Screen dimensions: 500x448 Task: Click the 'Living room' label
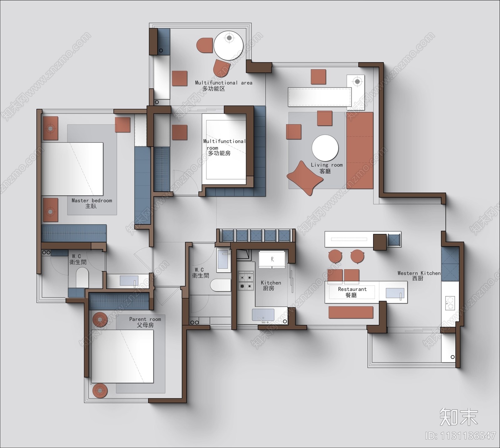tap(327, 165)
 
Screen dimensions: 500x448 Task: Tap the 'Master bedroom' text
tap(92, 201)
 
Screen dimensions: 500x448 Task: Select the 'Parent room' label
tap(145, 319)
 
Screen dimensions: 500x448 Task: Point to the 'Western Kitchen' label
tap(419, 273)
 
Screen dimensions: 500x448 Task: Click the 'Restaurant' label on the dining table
tap(352, 289)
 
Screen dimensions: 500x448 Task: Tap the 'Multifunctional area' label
tap(223, 83)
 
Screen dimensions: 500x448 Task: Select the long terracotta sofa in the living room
tap(360, 150)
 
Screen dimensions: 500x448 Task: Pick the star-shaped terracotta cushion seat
tap(305, 178)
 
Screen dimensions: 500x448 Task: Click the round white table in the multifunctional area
tap(228, 46)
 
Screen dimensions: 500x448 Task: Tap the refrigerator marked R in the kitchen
tap(272, 259)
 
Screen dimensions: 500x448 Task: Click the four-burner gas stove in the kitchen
tap(246, 281)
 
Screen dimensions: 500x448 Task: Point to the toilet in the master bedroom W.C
tap(82, 278)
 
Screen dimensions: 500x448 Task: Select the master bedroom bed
tap(72, 169)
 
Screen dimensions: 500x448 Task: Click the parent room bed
tap(122, 356)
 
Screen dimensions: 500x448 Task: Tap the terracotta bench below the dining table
tap(351, 312)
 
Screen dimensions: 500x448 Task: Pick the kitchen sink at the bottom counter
tap(263, 315)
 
